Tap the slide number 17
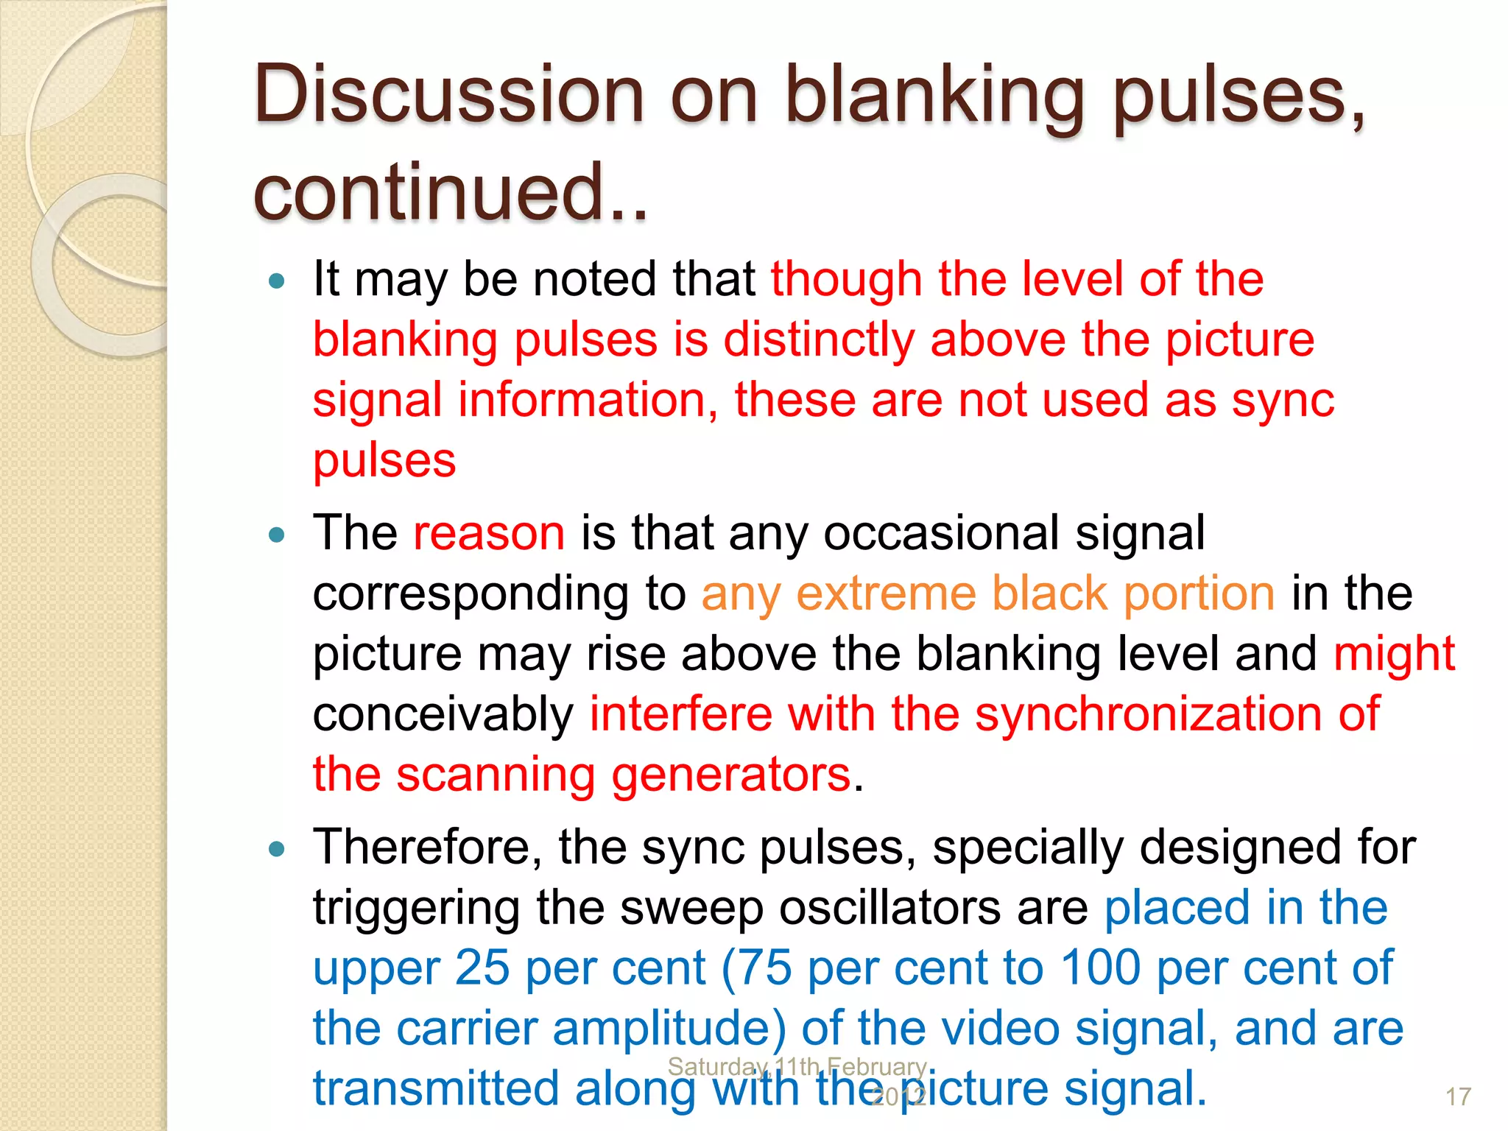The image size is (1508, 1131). coord(1458,1097)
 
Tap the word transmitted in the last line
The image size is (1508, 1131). coord(436,1088)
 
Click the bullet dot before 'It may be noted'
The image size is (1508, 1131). coord(277,281)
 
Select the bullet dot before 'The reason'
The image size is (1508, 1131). coord(277,535)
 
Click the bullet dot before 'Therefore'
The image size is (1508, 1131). coord(277,849)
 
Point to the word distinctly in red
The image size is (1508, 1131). coord(819,339)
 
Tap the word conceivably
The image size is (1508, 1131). coord(443,714)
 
